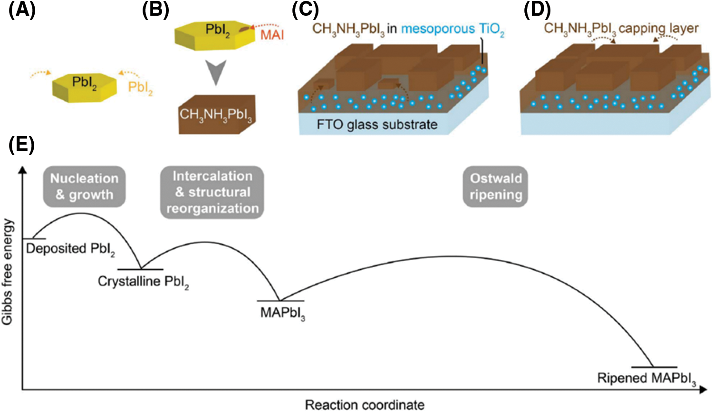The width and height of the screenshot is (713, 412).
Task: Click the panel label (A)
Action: click(22, 10)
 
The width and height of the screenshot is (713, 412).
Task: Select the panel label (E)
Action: click(22, 145)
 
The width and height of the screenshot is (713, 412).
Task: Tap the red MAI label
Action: click(272, 35)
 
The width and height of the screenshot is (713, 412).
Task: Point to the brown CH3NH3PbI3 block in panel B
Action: click(217, 115)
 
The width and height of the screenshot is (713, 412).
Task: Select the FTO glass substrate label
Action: click(377, 125)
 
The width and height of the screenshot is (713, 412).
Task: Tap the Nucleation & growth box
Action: click(84, 186)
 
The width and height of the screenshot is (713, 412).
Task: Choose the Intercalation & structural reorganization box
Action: click(212, 192)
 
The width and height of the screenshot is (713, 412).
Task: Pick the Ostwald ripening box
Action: click(495, 186)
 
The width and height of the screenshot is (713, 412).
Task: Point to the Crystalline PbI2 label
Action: click(143, 282)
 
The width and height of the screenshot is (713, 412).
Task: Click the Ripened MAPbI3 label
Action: click(646, 379)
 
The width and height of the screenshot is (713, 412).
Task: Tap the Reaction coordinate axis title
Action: click(365, 405)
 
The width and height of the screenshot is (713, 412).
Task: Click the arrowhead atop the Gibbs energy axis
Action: click(22, 170)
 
